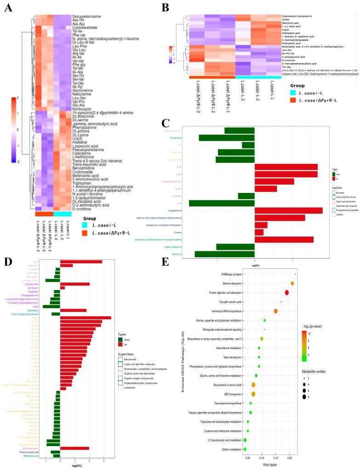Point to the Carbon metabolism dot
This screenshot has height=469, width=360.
(245, 449)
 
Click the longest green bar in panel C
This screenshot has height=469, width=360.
(222, 203)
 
